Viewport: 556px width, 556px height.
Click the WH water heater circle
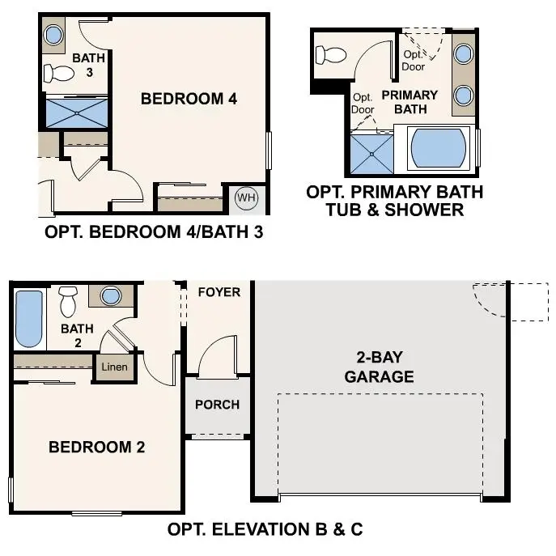tap(246, 198)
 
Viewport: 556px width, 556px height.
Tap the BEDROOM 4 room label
tap(189, 99)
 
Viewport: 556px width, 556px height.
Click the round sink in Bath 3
tap(52, 34)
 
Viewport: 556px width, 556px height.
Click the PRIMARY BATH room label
tap(410, 101)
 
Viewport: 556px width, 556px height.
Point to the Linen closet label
tap(113, 367)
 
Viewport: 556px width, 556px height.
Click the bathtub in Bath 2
tap(29, 318)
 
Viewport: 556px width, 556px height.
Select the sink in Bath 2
tap(110, 295)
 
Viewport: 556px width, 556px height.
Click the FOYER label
tap(219, 291)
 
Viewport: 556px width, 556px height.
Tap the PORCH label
tap(217, 404)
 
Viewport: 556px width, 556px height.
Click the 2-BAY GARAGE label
tap(379, 367)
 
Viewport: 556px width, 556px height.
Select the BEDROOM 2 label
tap(97, 447)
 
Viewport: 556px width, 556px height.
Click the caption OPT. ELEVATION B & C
tap(265, 530)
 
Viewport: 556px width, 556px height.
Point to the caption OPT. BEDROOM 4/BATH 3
tap(154, 232)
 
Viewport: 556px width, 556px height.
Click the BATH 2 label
tap(78, 336)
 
